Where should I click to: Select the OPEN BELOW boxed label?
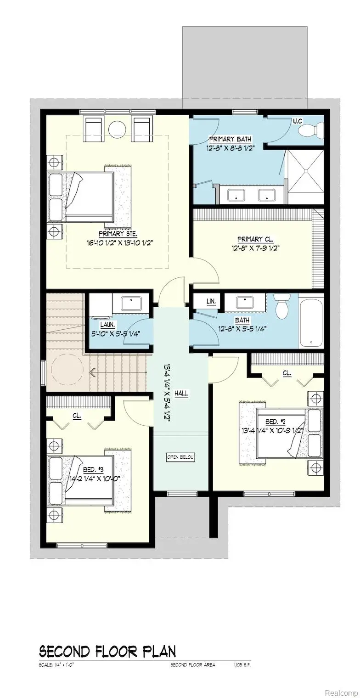point(180,457)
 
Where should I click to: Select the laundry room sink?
point(131,303)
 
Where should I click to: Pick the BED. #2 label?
point(269,422)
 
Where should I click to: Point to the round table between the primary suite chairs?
point(117,129)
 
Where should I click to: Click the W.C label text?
point(298,121)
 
